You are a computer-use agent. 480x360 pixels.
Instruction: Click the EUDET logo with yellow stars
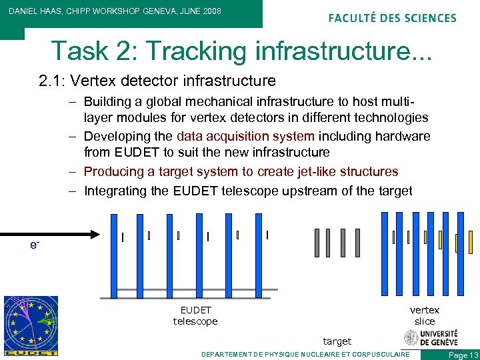[x=31, y=325]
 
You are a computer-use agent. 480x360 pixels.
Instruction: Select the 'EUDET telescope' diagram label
[x=195, y=315]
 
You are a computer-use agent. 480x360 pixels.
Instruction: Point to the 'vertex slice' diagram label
[x=425, y=315]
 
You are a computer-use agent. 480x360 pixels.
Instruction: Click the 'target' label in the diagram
[x=337, y=341]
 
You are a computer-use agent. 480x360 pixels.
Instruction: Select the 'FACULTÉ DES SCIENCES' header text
[x=392, y=18]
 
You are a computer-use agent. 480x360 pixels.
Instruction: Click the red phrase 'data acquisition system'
[x=245, y=136]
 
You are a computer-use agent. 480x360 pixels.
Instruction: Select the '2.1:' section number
[x=51, y=81]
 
